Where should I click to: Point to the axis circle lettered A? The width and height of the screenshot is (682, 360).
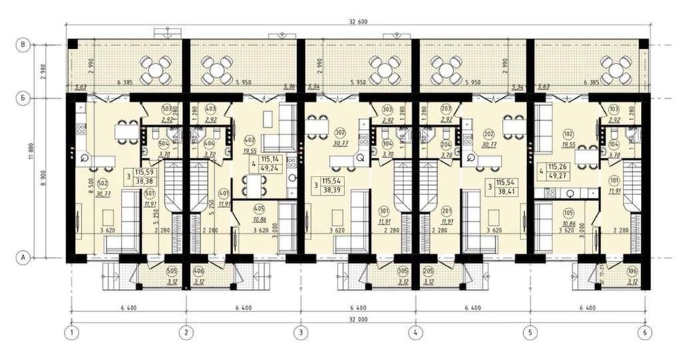[23, 258]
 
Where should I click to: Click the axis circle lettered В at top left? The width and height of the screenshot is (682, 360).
[23, 45]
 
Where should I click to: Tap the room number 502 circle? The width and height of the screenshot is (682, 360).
[103, 183]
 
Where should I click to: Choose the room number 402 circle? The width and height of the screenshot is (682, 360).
[248, 140]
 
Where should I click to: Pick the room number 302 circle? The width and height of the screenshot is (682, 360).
[338, 134]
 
